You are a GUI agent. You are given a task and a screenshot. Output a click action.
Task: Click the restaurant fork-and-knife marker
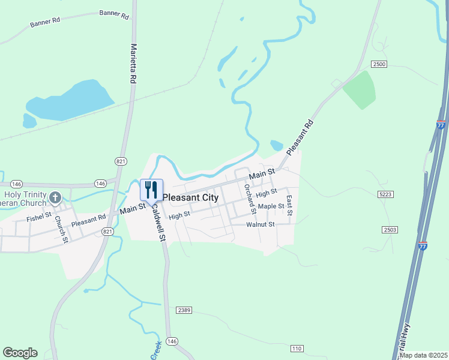(x=151, y=190)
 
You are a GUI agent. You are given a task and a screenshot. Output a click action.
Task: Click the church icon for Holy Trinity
(x=55, y=197)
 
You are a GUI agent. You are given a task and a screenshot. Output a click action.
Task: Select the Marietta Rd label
(x=134, y=63)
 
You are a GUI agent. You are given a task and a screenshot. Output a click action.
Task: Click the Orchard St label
(x=249, y=199)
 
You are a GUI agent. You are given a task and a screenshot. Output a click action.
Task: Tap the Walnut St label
(x=260, y=224)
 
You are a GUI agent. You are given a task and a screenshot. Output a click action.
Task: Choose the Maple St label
(x=271, y=206)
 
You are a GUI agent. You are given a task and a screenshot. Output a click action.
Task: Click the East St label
(x=289, y=205)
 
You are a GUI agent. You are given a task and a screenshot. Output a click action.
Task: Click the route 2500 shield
(x=379, y=64)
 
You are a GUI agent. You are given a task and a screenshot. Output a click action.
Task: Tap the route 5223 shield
(x=385, y=194)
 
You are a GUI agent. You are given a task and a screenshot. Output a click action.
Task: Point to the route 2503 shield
(x=390, y=230)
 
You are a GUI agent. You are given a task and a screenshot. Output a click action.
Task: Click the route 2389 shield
(x=184, y=310)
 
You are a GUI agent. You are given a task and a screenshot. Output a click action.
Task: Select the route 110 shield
(x=297, y=348)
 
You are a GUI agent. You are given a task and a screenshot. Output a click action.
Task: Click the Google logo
(x=20, y=353)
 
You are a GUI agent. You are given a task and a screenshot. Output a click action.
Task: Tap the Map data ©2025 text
(x=423, y=355)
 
